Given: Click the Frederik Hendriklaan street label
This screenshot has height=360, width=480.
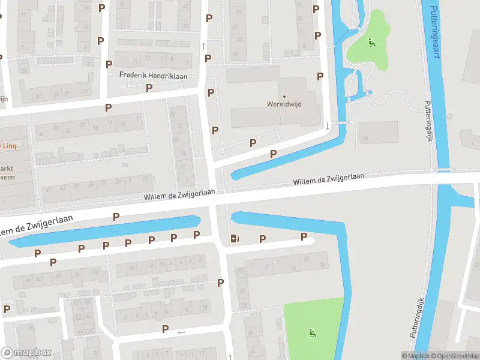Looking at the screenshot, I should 153,76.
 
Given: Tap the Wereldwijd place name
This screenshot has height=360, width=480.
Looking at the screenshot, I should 284,104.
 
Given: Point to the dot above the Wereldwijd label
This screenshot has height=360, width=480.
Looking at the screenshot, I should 284,95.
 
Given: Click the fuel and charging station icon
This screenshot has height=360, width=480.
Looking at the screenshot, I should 235,239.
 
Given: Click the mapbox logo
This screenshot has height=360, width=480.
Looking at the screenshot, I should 26,353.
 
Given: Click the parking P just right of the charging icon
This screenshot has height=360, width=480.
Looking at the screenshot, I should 262,239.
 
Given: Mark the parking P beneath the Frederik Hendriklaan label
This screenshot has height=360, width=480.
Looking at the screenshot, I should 149,88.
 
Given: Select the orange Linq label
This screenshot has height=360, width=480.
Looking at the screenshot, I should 7,146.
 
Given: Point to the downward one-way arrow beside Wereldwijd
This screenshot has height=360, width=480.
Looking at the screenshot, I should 327,126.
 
